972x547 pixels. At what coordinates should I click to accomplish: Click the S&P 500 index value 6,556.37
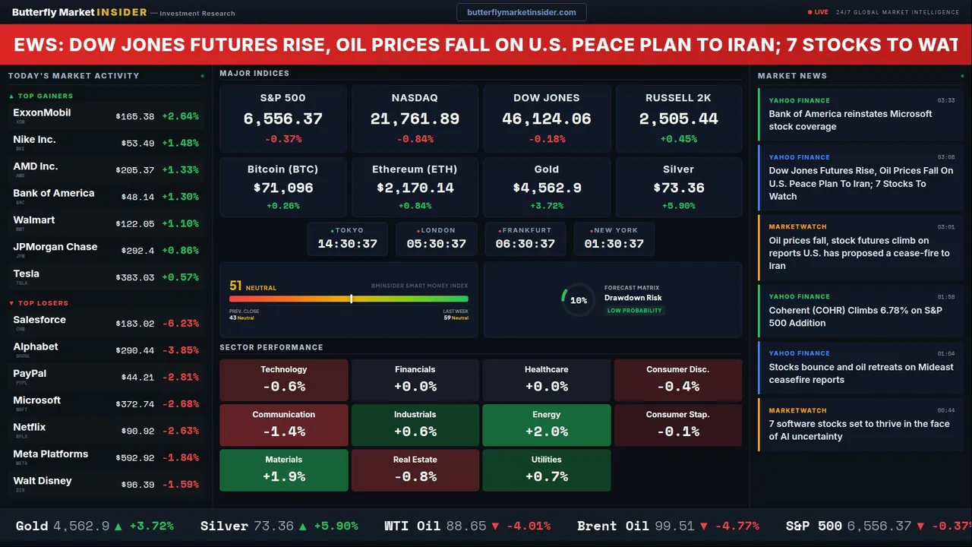pos(282,119)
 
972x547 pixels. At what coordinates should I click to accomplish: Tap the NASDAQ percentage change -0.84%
pos(415,139)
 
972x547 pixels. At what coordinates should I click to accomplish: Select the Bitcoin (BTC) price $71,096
pos(282,188)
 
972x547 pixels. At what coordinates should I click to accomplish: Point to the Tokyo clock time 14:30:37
pos(347,244)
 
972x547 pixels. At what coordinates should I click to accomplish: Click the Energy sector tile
pos(546,424)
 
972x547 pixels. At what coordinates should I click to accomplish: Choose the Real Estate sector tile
pos(415,470)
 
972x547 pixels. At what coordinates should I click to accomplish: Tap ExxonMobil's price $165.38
pos(135,117)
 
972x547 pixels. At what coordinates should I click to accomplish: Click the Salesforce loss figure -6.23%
pos(181,324)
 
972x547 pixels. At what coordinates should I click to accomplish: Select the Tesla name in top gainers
pos(27,273)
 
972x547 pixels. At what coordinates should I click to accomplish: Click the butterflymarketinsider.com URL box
pos(522,12)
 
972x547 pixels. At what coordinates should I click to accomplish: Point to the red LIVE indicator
pos(819,12)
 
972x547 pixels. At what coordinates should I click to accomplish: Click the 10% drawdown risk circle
pos(578,300)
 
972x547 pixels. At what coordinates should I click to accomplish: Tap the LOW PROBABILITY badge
pos(634,311)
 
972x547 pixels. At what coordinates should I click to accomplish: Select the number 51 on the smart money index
pos(235,286)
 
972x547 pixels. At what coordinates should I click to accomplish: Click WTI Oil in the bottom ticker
pos(417,526)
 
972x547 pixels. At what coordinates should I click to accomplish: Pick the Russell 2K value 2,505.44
pos(678,119)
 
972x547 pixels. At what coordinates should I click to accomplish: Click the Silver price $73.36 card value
pos(678,188)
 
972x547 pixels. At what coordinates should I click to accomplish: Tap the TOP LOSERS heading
pos(43,303)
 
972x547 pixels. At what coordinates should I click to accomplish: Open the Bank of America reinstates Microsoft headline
pos(850,120)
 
